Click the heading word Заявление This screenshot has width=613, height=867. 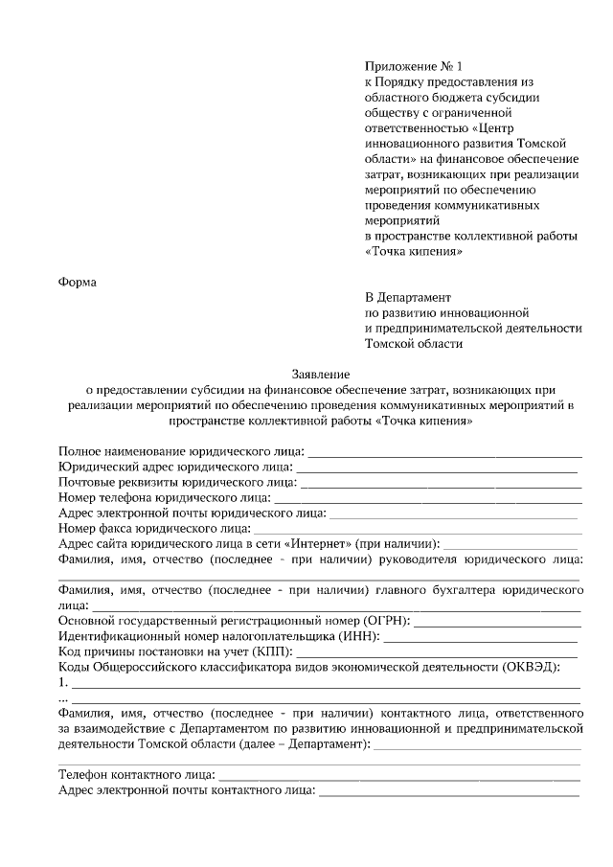click(x=321, y=374)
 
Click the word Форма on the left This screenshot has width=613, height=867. click(x=79, y=281)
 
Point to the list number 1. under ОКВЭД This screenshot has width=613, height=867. click(x=63, y=683)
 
